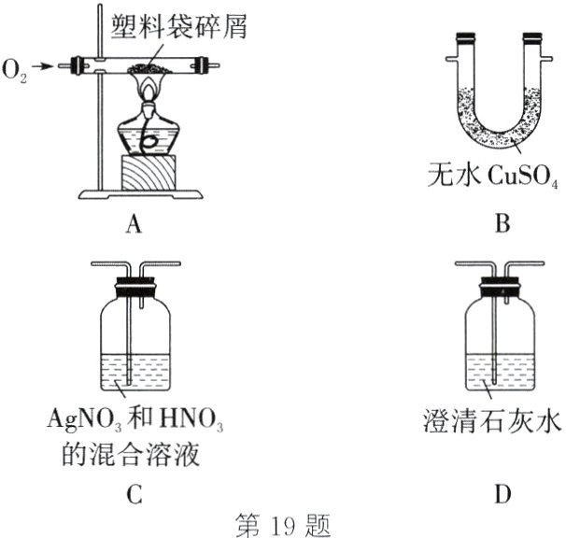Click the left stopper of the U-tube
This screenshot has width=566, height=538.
tap(465, 41)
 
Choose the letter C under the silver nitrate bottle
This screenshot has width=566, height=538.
tap(135, 496)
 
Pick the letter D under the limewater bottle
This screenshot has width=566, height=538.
tap(502, 496)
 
